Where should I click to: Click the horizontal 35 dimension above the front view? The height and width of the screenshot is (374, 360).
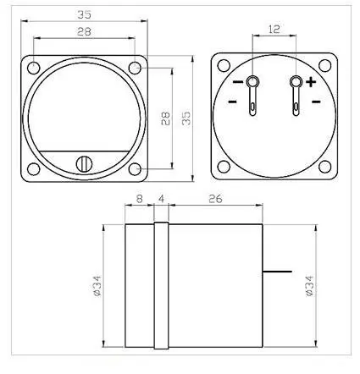point(85,14)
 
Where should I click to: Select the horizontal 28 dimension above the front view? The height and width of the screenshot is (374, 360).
point(84,31)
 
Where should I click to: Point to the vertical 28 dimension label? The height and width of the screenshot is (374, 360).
point(165,118)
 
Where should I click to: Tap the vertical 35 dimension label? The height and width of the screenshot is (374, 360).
point(186,118)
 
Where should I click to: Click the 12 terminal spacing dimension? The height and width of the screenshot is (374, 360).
point(274,29)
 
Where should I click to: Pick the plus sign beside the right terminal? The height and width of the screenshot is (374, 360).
point(311,82)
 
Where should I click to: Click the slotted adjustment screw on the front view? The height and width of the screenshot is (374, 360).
point(84,164)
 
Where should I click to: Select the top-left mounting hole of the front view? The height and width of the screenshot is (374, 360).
point(33,68)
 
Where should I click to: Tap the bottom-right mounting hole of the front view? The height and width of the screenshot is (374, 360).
point(135,169)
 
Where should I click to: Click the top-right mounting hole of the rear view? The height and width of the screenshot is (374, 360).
point(324,66)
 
